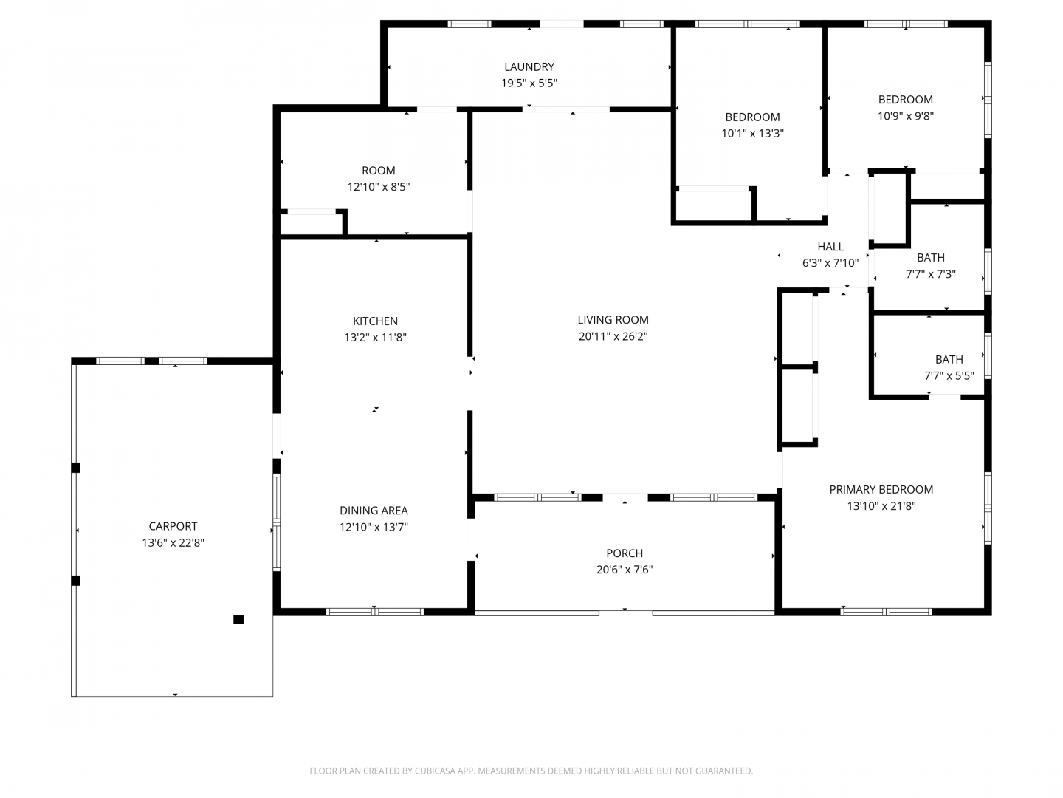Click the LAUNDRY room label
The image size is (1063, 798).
[529, 66]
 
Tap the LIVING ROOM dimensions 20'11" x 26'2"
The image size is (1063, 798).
[613, 336]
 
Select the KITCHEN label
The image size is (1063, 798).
[375, 321]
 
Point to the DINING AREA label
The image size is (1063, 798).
[374, 510]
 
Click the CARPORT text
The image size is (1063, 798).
[173, 526]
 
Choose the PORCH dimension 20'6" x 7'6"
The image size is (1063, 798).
[625, 569]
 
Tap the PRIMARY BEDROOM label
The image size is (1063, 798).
[881, 489]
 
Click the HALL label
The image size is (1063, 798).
[830, 247]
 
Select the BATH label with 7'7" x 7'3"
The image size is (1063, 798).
[930, 257]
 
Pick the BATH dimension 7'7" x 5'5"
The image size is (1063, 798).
[949, 375]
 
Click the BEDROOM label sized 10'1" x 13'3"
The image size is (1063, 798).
[752, 117]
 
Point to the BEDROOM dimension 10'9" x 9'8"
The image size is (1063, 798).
[905, 116]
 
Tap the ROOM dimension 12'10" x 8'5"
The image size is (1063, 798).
[378, 186]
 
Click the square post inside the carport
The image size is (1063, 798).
[238, 619]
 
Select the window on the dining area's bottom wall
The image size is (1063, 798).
[374, 612]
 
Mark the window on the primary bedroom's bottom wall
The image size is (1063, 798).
[885, 612]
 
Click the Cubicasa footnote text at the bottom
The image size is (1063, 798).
[531, 771]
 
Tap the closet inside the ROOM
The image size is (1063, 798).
[312, 225]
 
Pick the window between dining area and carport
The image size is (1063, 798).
[277, 522]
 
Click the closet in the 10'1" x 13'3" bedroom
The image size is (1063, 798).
[714, 205]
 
